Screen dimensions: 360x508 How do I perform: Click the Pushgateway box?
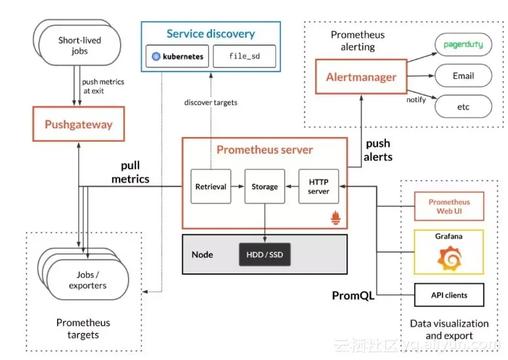click(x=79, y=125)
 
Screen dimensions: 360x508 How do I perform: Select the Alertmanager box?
click(x=361, y=77)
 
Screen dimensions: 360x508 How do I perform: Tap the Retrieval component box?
click(x=211, y=187)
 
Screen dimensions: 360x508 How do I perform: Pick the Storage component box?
click(x=265, y=187)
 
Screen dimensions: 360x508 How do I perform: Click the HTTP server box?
click(x=318, y=187)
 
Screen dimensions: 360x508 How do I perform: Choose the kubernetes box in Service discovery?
click(x=177, y=56)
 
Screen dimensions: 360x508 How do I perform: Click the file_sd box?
click(x=244, y=56)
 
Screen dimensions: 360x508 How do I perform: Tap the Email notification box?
click(x=463, y=76)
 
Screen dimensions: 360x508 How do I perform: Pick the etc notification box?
click(x=463, y=105)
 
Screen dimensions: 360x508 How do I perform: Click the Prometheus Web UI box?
click(x=449, y=207)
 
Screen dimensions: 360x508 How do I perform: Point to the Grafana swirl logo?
click(x=450, y=260)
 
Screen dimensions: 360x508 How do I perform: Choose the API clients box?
click(x=449, y=295)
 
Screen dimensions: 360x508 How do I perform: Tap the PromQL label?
click(x=353, y=296)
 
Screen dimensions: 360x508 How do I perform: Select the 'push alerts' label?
click(x=378, y=150)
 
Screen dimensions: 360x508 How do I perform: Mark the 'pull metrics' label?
click(x=130, y=172)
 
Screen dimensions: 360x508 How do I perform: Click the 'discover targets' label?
click(x=211, y=102)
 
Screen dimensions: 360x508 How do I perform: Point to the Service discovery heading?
click(x=210, y=33)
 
